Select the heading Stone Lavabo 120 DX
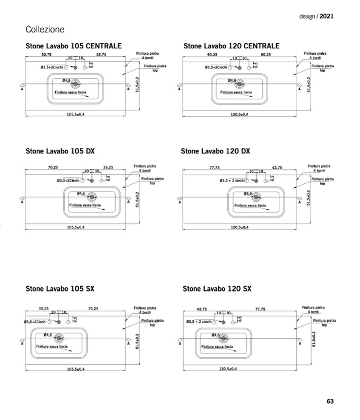[x=215, y=151]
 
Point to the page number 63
[x=330, y=401]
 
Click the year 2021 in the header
[x=327, y=16]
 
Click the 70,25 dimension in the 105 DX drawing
[x=53, y=167]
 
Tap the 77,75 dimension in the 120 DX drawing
[x=215, y=167]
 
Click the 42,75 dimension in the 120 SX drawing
[x=201, y=308]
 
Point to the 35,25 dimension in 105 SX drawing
[x=44, y=308]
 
